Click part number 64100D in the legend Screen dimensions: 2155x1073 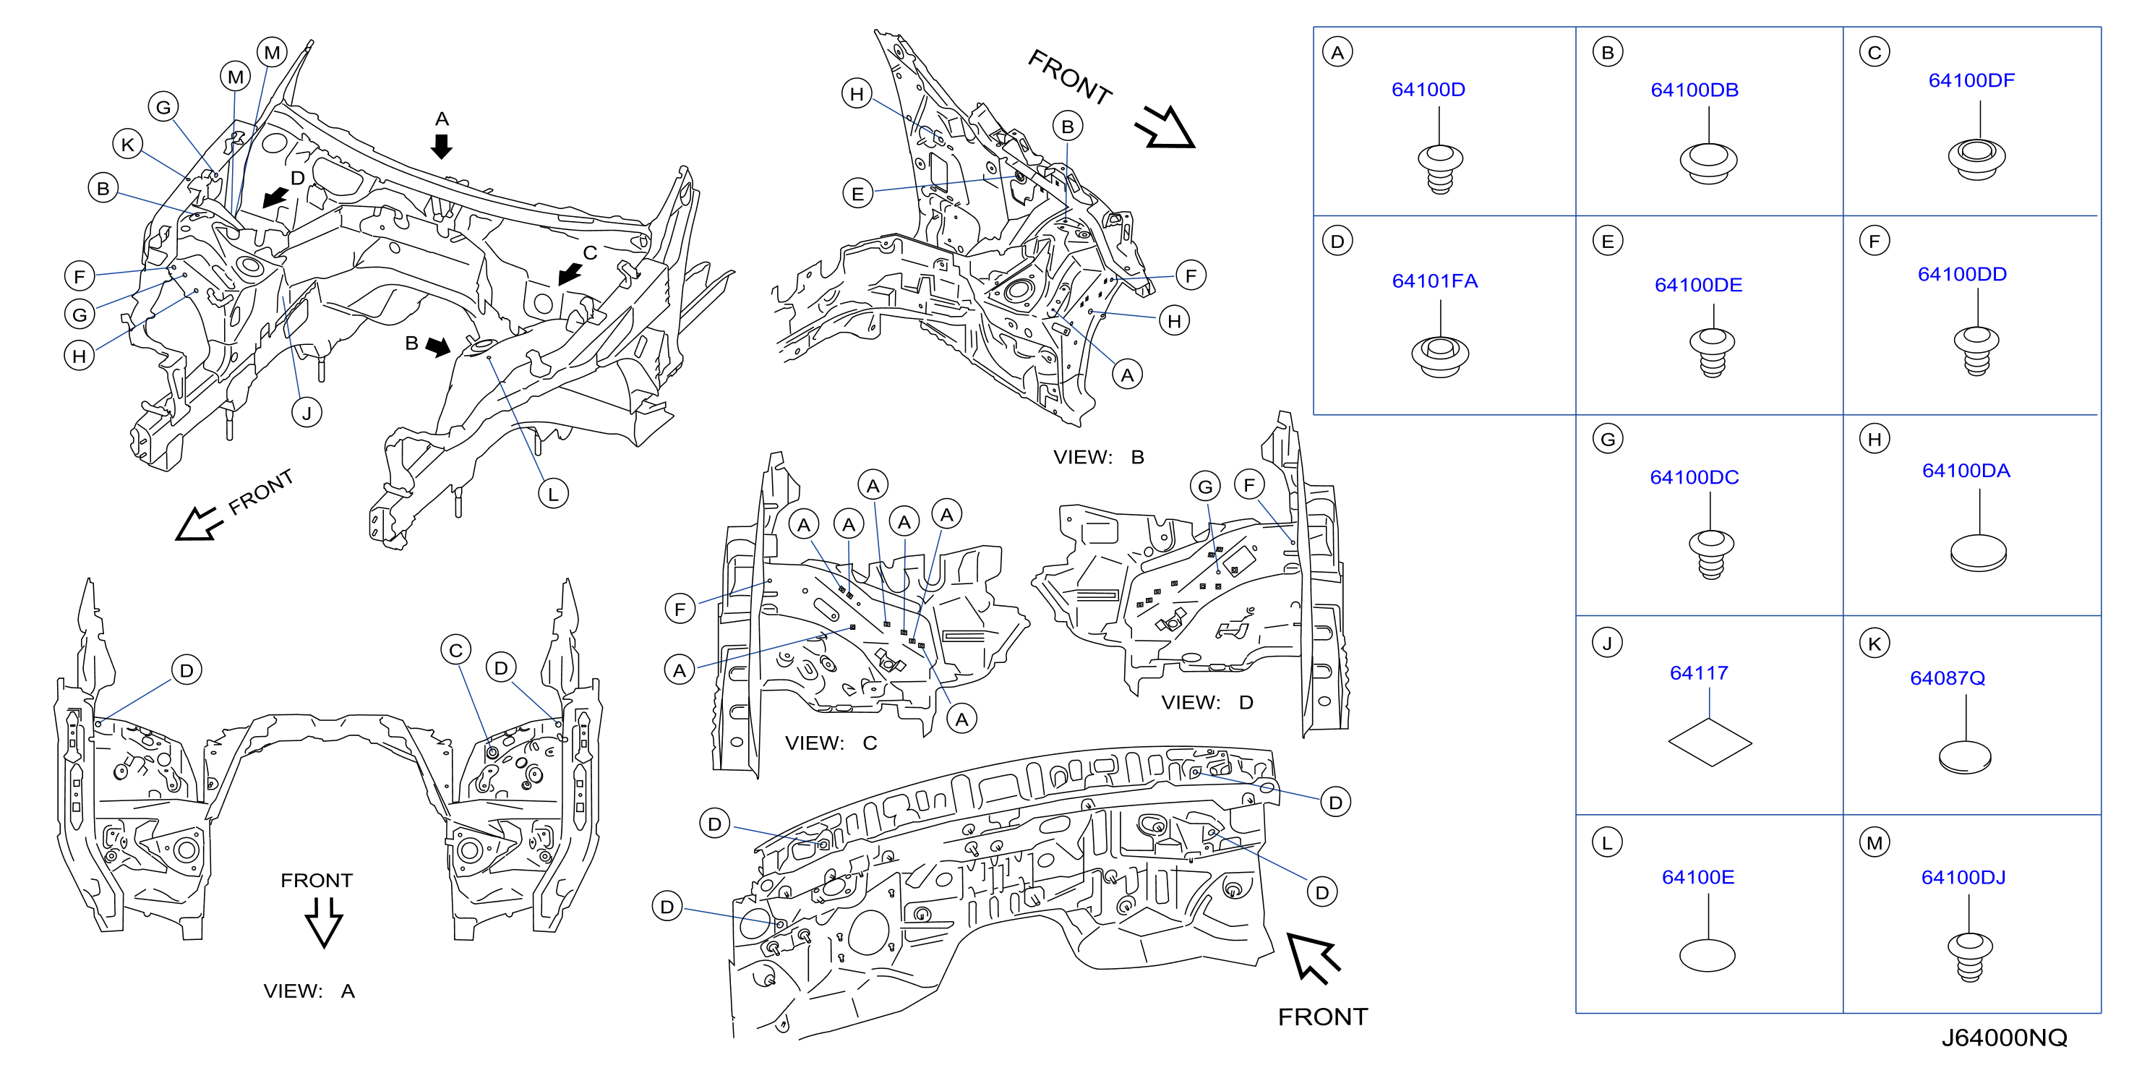(1427, 90)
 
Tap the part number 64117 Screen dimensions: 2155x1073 (1698, 673)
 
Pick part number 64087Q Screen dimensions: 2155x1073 (1947, 678)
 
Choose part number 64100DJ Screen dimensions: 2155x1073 (1963, 877)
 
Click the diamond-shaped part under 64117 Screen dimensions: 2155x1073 (1709, 743)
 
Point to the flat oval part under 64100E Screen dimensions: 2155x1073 (1707, 955)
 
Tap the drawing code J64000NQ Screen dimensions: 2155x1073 (2004, 1038)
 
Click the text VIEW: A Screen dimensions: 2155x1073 (309, 991)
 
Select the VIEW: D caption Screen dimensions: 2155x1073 (1207, 702)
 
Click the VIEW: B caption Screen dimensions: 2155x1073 (1098, 457)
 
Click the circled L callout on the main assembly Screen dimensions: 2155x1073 (553, 494)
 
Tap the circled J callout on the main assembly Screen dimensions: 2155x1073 (307, 413)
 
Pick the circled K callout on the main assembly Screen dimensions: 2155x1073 (128, 144)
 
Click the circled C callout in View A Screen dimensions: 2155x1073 (456, 650)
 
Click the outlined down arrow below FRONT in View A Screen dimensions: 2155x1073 (324, 923)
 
